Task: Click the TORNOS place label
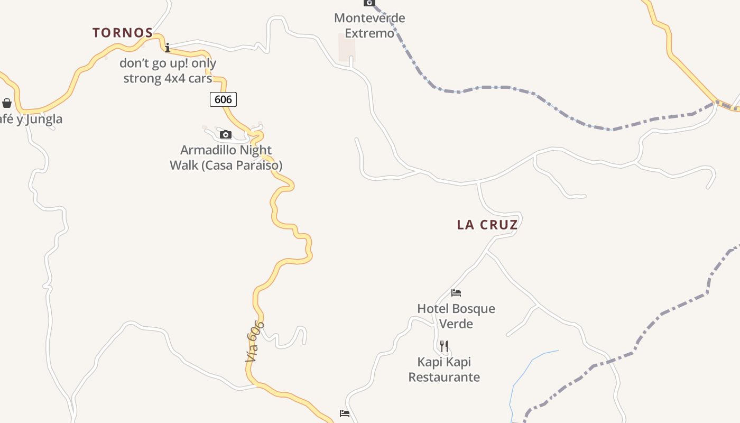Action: coord(123,33)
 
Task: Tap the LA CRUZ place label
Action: coord(487,225)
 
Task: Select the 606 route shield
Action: coord(223,99)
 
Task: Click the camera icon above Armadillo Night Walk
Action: coord(226,134)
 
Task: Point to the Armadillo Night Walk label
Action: coord(226,158)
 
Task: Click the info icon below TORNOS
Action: coord(168,48)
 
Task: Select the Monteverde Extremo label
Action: coord(369,25)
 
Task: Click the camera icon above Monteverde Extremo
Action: coord(369,3)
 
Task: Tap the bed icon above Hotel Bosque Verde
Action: coord(456,292)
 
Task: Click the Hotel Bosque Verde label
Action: coord(456,316)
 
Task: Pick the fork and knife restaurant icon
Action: coord(444,346)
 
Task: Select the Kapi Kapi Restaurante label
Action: coord(444,370)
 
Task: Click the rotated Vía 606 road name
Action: coord(255,342)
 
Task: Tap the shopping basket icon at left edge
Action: coord(7,103)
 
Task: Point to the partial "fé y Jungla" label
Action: coord(31,119)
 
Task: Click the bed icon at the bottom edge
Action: coord(345,413)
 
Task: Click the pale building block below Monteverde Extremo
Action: coord(347,48)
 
